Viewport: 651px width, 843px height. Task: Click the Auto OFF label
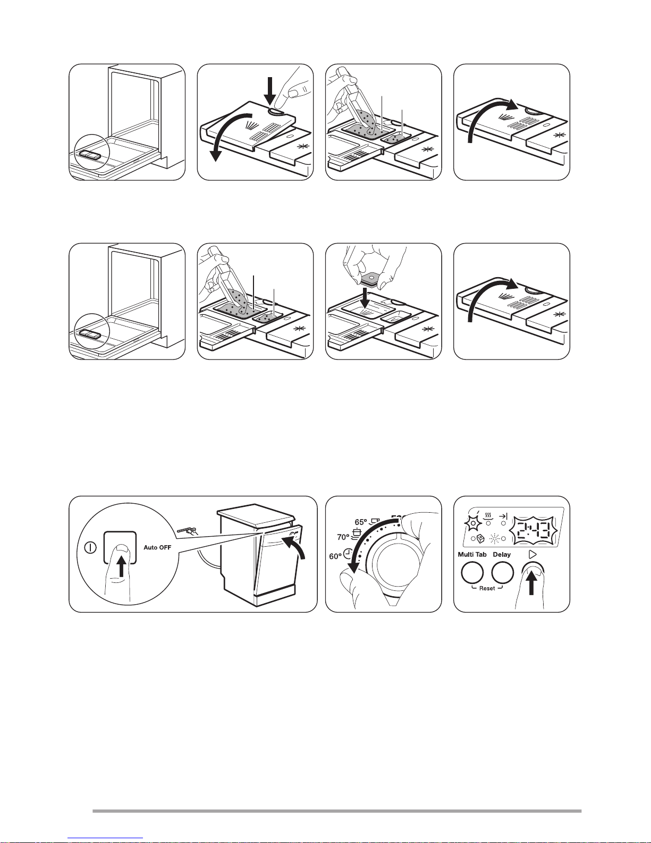point(157,547)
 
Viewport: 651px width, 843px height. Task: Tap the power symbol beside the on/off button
point(90,547)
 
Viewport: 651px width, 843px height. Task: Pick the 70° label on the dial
point(344,537)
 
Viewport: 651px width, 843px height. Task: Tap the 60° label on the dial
point(335,557)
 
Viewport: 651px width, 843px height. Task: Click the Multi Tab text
point(472,555)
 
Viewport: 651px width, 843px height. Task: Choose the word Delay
point(502,555)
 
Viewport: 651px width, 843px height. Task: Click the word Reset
point(487,588)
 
